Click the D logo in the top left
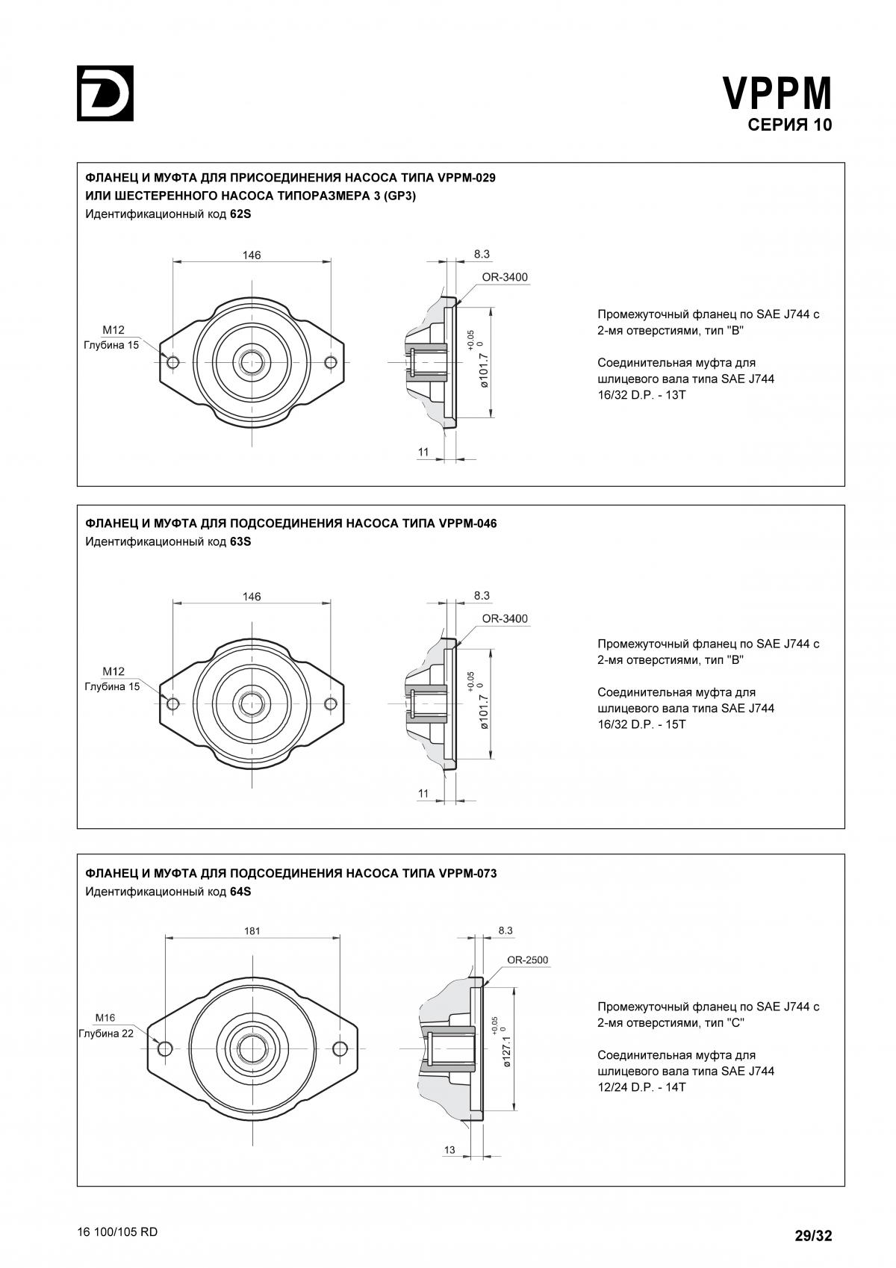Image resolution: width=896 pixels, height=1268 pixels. (x=105, y=93)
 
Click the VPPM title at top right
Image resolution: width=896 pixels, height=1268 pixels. (x=777, y=93)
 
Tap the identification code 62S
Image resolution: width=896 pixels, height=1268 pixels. (x=240, y=214)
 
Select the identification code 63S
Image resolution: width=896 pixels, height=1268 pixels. (x=240, y=541)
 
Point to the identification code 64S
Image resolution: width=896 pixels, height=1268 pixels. (x=240, y=892)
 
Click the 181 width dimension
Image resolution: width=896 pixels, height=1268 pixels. (x=252, y=931)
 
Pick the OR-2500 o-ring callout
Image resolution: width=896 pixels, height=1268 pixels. (x=527, y=960)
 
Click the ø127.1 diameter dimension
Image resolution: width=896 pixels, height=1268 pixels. (x=507, y=1051)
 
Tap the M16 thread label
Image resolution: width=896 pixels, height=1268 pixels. (x=105, y=1018)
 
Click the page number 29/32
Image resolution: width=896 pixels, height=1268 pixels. (x=812, y=1236)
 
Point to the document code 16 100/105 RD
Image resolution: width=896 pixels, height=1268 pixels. (x=117, y=1232)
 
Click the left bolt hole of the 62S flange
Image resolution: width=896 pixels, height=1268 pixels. (x=173, y=362)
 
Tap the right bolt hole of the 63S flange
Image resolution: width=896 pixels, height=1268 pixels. (x=331, y=703)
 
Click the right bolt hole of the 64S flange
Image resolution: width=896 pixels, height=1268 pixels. (x=340, y=1047)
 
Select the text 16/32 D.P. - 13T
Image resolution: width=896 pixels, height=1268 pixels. (x=641, y=394)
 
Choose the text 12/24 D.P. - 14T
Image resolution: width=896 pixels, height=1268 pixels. (x=641, y=1087)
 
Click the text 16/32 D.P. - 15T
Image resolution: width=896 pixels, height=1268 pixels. (x=641, y=724)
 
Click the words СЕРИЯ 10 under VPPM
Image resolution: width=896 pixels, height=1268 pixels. (x=789, y=125)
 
